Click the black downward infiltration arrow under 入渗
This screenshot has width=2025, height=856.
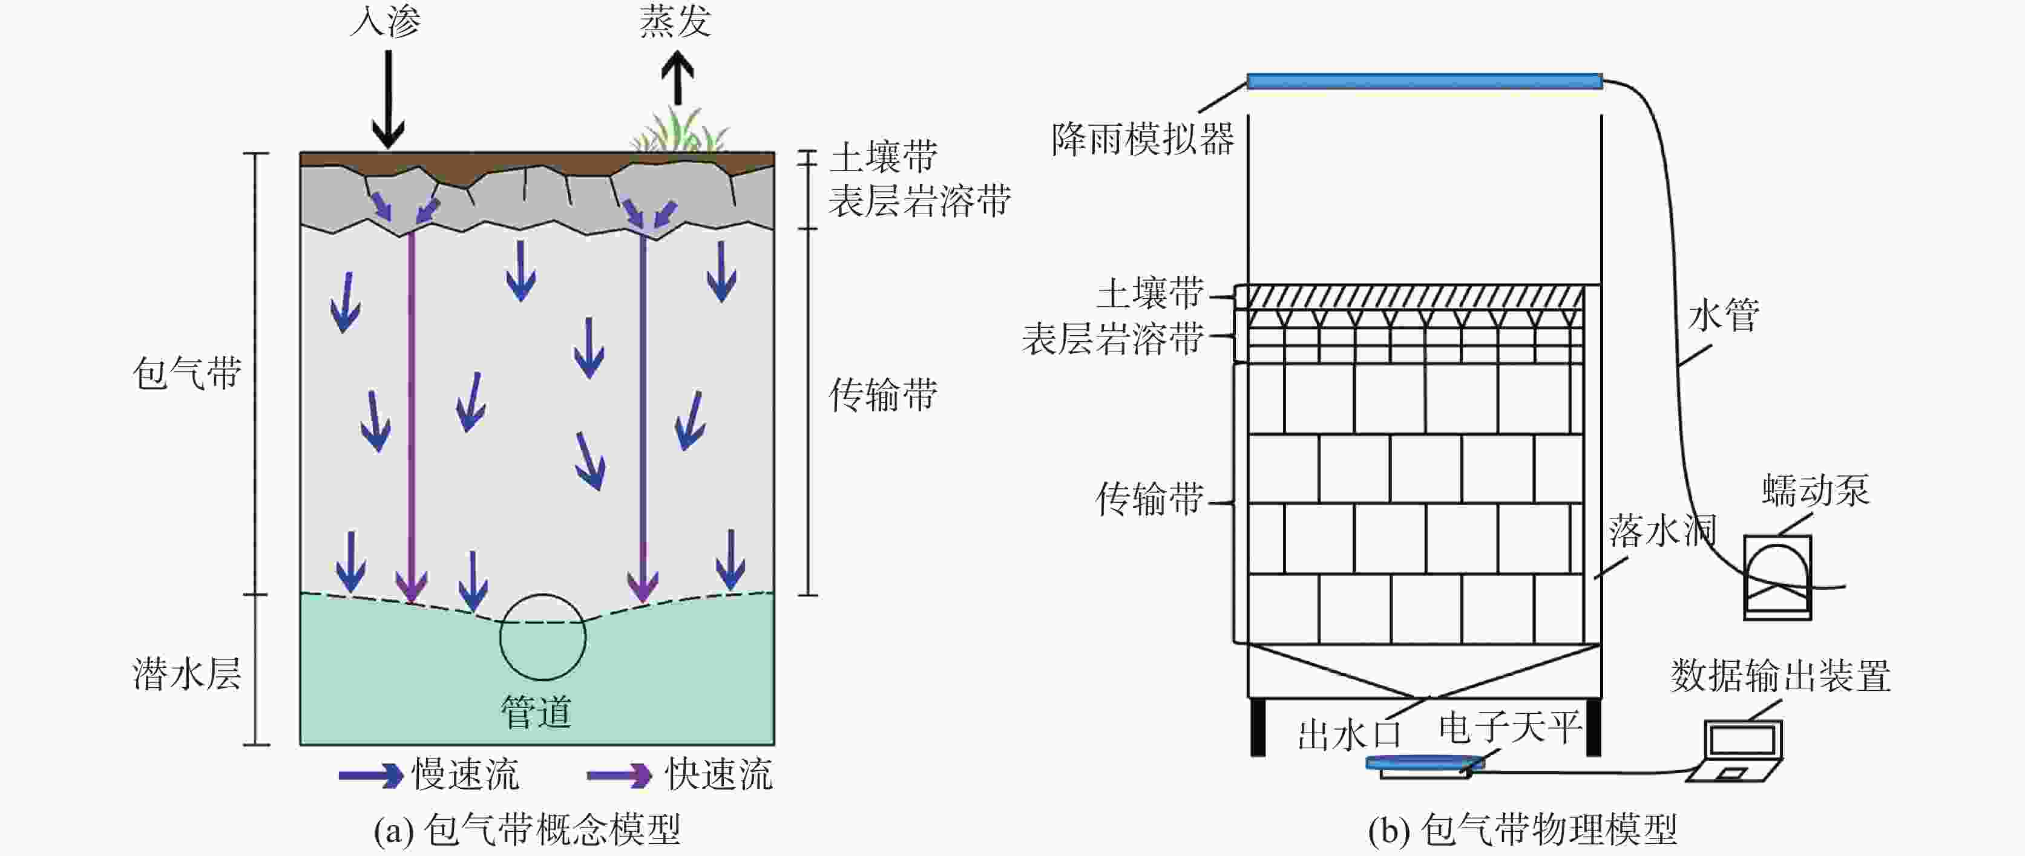tap(387, 98)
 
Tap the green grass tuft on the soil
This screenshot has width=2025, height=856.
tap(680, 134)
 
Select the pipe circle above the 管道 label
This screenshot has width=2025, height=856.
tap(542, 636)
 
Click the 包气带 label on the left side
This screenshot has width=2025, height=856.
tap(187, 373)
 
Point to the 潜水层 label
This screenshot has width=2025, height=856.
tap(187, 675)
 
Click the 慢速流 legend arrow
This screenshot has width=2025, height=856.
tap(369, 776)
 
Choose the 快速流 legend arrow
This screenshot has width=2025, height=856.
tap(619, 776)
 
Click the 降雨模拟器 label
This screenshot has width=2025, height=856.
tap(1143, 140)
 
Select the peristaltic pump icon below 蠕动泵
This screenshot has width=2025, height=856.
tap(1777, 577)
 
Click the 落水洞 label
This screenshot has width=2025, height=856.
tap(1660, 531)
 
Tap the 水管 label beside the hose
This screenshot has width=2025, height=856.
tap(1723, 315)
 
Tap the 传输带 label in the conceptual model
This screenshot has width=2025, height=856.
tap(884, 394)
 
